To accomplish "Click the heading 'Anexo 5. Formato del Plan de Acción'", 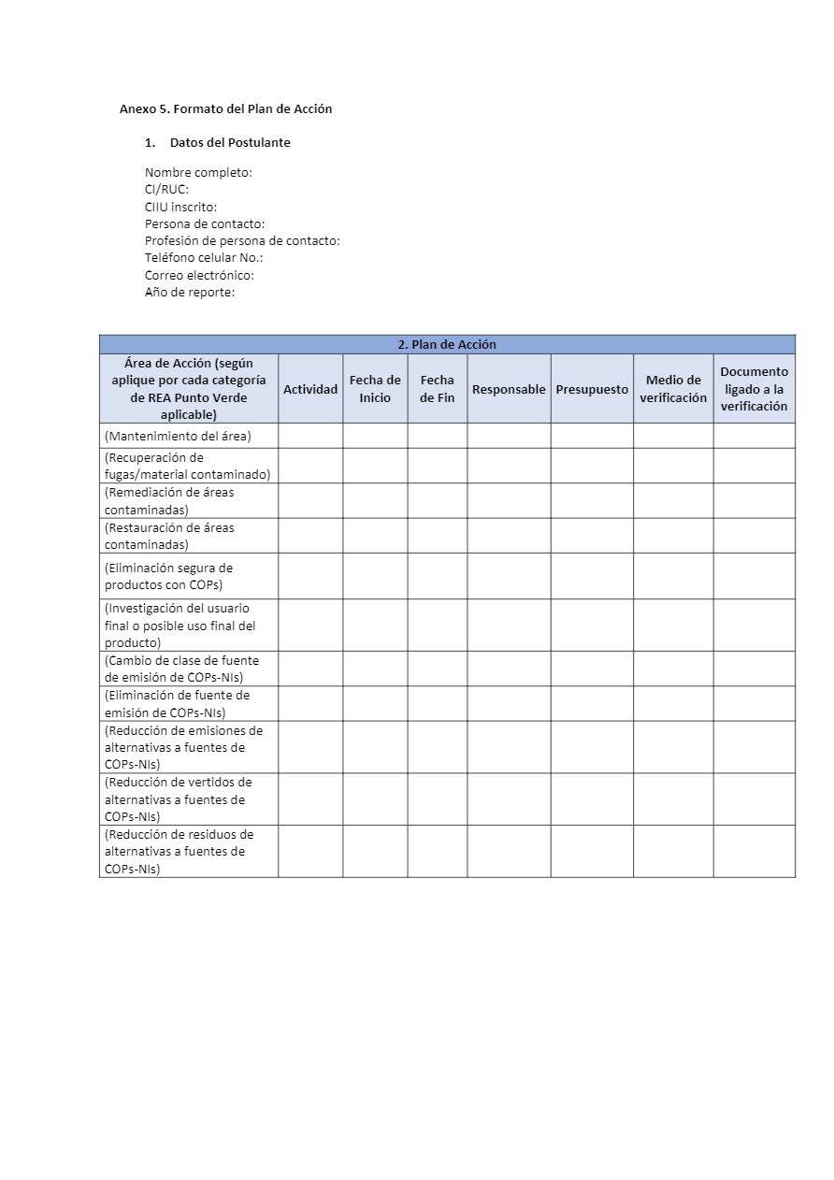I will [225, 108].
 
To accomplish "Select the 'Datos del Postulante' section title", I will [230, 143].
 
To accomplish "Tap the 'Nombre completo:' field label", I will [198, 173].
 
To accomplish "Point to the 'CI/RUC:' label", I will [166, 190].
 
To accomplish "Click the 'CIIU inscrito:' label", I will [180, 207].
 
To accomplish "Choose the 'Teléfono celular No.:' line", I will [204, 258].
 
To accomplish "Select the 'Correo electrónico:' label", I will [199, 275].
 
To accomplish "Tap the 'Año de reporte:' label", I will [190, 292].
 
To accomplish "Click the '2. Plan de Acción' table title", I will [447, 344].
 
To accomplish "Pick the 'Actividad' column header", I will [310, 389].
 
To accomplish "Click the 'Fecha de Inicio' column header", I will [375, 389].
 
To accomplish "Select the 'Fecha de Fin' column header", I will [438, 389].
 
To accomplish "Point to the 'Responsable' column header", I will [509, 389].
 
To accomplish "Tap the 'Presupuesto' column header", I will [592, 389].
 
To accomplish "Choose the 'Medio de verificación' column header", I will [673, 389].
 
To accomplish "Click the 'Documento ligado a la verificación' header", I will [754, 389].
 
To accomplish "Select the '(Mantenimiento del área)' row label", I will [178, 436].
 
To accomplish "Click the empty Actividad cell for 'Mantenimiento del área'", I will [310, 436].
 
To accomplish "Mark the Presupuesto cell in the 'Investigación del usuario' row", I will [592, 625].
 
